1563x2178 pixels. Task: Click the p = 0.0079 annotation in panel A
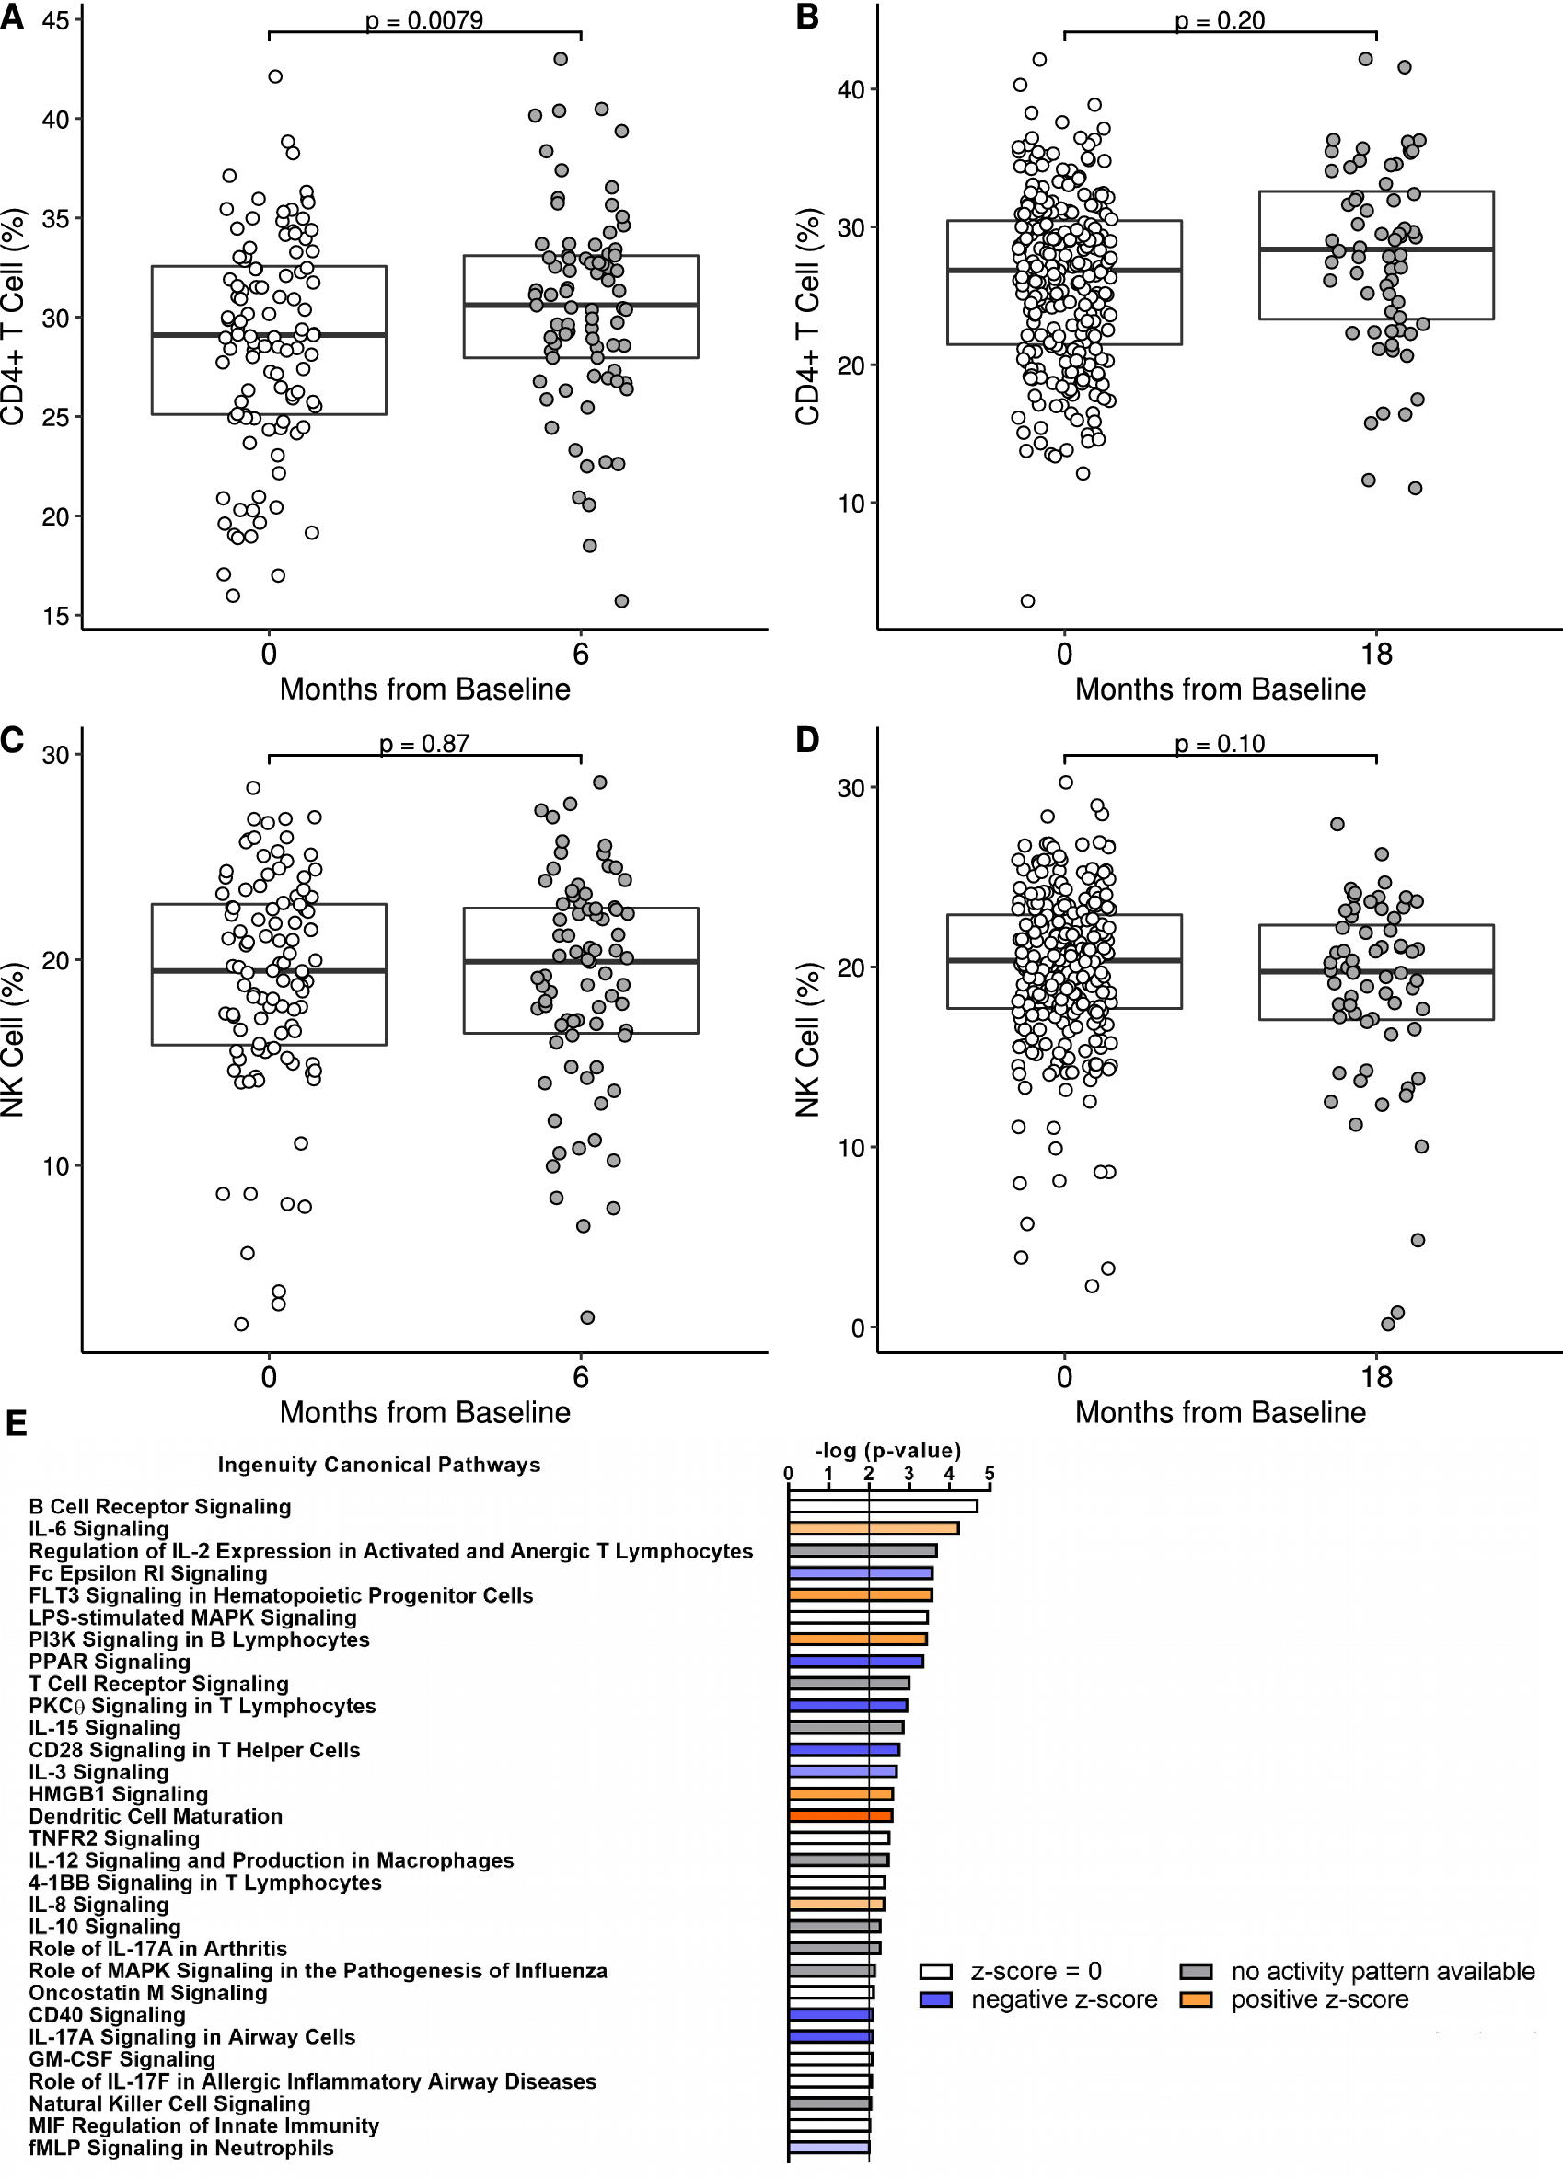coord(423,20)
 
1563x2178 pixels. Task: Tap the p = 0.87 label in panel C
coord(423,743)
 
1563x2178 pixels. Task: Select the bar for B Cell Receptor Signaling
coord(883,1506)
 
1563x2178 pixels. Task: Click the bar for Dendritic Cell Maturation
coord(840,1815)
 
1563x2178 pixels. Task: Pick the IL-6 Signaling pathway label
coord(98,1528)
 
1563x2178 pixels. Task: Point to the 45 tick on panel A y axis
coord(55,20)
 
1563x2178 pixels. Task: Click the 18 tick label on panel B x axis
coord(1376,654)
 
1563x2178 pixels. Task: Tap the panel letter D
coord(807,739)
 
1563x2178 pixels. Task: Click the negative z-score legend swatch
coord(935,1998)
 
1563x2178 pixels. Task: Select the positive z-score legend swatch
coord(1196,1998)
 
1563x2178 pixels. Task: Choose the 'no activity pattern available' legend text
coord(1383,1971)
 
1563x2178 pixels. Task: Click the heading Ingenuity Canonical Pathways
coord(378,1465)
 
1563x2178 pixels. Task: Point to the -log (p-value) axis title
coord(887,1450)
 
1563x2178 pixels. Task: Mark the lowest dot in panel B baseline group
coord(1027,601)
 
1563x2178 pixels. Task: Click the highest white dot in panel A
coord(275,76)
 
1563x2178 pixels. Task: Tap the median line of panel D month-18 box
coord(1376,972)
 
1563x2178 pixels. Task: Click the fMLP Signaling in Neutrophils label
coord(181,2148)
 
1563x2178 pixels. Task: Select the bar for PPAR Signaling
coord(855,1661)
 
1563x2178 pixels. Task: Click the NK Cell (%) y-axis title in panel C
coord(12,1040)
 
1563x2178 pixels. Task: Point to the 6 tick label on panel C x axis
coord(581,1377)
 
